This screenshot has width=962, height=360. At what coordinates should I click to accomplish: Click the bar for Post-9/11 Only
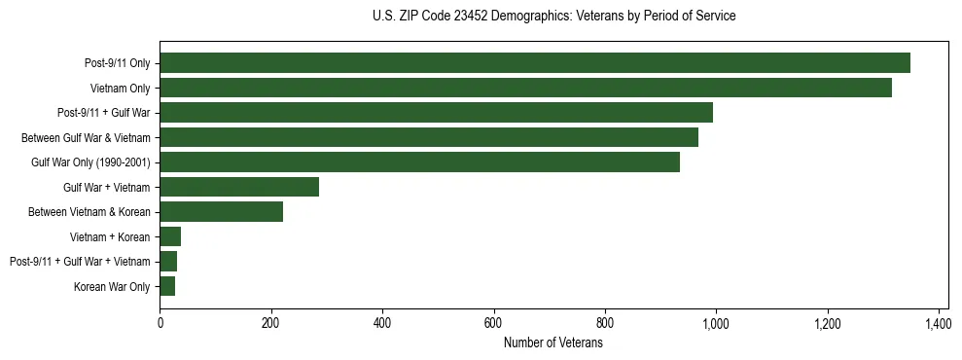[x=535, y=63]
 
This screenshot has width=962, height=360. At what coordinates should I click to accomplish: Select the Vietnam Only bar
[x=525, y=88]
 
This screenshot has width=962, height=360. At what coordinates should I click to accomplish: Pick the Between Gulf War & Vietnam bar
[x=429, y=137]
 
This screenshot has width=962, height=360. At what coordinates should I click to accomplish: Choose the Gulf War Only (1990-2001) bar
[x=419, y=162]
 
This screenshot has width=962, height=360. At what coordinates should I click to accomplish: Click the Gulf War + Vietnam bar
[x=239, y=187]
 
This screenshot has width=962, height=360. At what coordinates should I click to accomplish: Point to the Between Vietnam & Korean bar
[x=221, y=212]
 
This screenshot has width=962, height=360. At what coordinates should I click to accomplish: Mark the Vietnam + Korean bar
[x=170, y=236]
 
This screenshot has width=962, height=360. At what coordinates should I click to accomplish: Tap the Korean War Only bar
[x=167, y=286]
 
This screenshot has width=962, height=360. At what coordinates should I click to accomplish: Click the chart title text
[x=553, y=17]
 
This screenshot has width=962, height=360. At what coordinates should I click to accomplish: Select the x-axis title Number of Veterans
[x=553, y=343]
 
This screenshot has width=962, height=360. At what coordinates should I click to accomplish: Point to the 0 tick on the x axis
[x=160, y=323]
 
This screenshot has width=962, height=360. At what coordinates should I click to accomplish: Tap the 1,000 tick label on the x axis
[x=716, y=323]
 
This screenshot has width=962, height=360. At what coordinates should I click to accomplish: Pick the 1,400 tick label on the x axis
[x=939, y=323]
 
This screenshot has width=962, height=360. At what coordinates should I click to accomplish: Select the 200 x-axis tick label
[x=270, y=323]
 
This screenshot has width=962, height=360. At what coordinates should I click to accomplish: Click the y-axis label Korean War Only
[x=112, y=287]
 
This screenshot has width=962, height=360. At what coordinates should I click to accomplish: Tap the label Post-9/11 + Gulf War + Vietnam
[x=80, y=262]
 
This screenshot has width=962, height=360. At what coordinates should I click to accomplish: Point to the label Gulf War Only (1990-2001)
[x=91, y=162]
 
